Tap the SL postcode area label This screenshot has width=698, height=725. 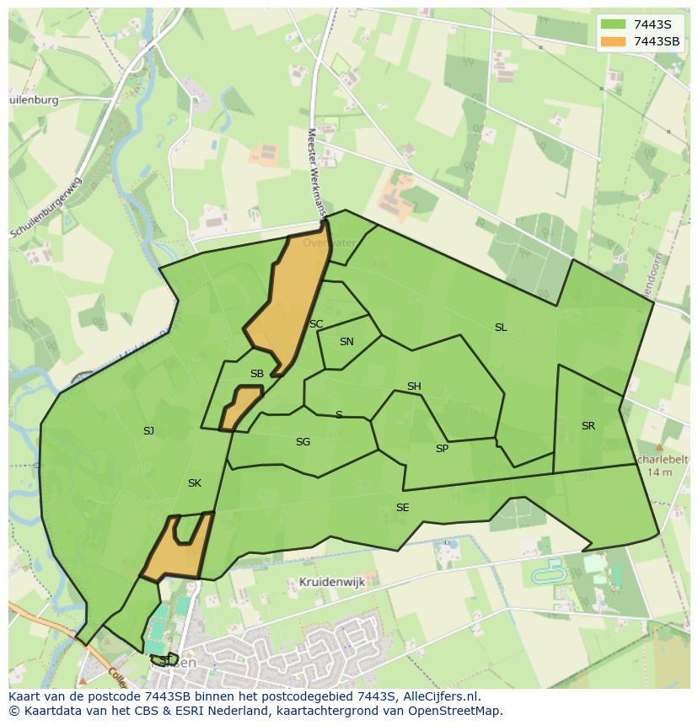(x=501, y=328)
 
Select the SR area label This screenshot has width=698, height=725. (x=588, y=426)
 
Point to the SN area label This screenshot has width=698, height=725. (x=346, y=342)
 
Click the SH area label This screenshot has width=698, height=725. (x=414, y=386)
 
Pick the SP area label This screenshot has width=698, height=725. (x=442, y=449)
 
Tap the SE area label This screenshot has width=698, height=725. (x=403, y=508)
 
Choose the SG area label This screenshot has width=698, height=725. (x=303, y=442)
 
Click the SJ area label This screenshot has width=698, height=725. (x=148, y=431)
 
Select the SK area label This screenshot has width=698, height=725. (x=195, y=483)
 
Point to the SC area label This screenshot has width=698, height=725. (x=316, y=324)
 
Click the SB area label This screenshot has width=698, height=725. (x=257, y=374)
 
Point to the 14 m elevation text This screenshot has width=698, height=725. (x=660, y=472)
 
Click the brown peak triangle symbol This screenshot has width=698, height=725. (x=659, y=448)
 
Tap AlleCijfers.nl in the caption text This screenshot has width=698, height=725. (x=438, y=696)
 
